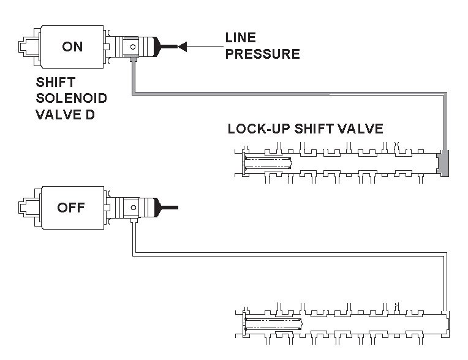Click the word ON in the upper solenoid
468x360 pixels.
click(72, 46)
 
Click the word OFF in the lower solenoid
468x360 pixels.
click(71, 208)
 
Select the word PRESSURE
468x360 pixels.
click(262, 54)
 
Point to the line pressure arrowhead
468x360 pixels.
click(183, 46)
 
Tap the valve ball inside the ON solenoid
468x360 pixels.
click(130, 47)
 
